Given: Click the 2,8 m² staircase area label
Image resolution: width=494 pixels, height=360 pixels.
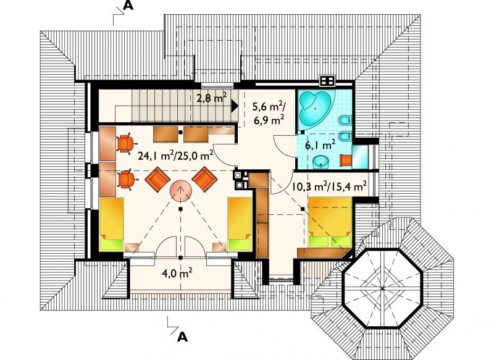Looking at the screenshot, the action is [211, 98].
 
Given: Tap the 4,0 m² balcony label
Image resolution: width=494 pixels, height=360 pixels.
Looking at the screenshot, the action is [177, 273].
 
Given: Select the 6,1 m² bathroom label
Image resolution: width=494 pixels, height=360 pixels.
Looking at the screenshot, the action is [320, 145].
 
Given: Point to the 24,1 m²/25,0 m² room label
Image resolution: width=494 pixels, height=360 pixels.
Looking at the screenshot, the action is [175, 155].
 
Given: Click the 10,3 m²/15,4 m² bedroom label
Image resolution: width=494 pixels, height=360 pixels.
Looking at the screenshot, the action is [330, 186].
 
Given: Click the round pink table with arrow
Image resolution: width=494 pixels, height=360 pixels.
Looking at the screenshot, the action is [181, 191].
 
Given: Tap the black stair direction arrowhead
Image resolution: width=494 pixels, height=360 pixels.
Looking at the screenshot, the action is [235, 106].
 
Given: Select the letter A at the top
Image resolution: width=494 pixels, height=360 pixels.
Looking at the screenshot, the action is [128, 6].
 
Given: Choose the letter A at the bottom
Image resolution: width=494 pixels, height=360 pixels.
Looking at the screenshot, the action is [182, 337].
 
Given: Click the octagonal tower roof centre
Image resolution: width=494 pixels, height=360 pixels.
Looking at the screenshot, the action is [382, 288].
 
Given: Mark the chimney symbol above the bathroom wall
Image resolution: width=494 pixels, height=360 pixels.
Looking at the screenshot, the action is [328, 81].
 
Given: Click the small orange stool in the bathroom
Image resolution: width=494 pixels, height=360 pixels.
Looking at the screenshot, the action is [345, 160].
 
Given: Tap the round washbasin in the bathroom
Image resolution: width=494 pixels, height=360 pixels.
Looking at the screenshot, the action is [320, 162].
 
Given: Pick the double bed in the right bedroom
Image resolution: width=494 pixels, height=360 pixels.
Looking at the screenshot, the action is [330, 222].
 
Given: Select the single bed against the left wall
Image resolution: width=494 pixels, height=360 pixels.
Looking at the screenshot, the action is [112, 224].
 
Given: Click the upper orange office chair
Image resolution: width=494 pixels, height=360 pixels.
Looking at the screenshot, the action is [125, 143].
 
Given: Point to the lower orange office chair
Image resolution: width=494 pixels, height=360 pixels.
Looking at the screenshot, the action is [127, 179].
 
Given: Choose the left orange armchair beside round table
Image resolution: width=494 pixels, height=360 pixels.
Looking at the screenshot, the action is [157, 179].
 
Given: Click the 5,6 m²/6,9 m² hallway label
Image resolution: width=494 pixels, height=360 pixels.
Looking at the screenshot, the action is [269, 113].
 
